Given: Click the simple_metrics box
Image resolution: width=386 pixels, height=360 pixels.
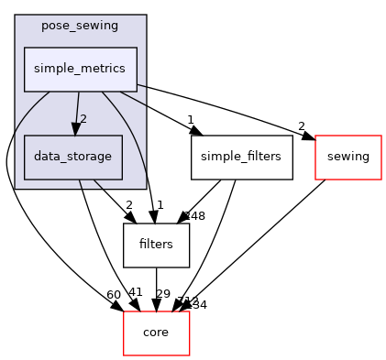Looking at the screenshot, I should point(80,69).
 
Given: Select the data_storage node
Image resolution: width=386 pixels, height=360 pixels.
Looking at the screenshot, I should point(72,157).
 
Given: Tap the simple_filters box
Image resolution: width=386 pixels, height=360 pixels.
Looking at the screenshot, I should point(242,157).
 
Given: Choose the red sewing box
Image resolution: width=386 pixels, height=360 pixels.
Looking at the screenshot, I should point(347,157).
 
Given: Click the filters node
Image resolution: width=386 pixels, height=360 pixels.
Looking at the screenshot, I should point(156,245).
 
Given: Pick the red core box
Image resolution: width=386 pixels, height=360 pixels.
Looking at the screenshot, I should point(156,333).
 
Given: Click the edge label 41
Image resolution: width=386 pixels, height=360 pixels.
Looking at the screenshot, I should point(135,292).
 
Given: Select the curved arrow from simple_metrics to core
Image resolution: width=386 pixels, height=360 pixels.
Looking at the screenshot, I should point(11,183).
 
